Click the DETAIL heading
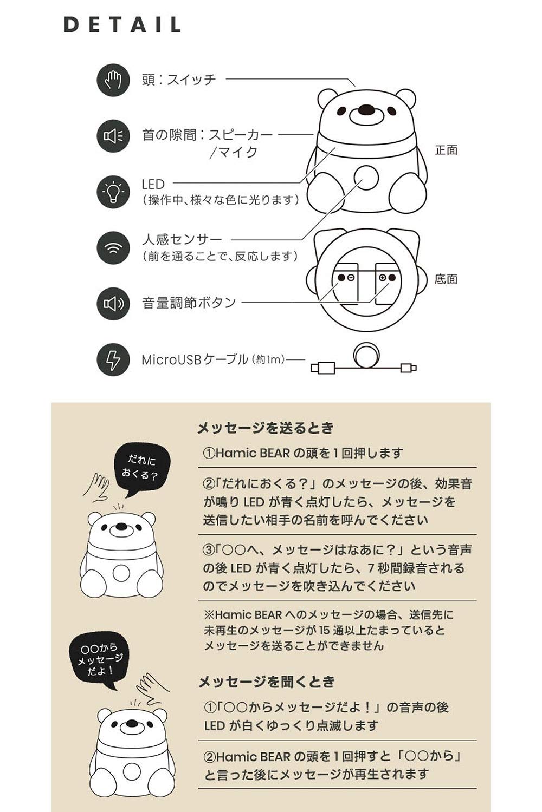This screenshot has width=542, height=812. point(122,25)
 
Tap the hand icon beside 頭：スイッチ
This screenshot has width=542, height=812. point(113,80)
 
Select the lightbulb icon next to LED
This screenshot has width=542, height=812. point(113,192)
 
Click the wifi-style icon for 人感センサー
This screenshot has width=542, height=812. point(113,247)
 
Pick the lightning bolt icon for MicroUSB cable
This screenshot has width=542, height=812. point(113,359)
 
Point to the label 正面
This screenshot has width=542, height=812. point(446,150)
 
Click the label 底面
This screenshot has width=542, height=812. point(446,279)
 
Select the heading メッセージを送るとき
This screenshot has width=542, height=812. point(265,428)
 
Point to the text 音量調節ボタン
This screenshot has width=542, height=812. point(189,303)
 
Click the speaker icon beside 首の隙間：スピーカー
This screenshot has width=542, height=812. point(113,136)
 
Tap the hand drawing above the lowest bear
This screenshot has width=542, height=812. point(150,688)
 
